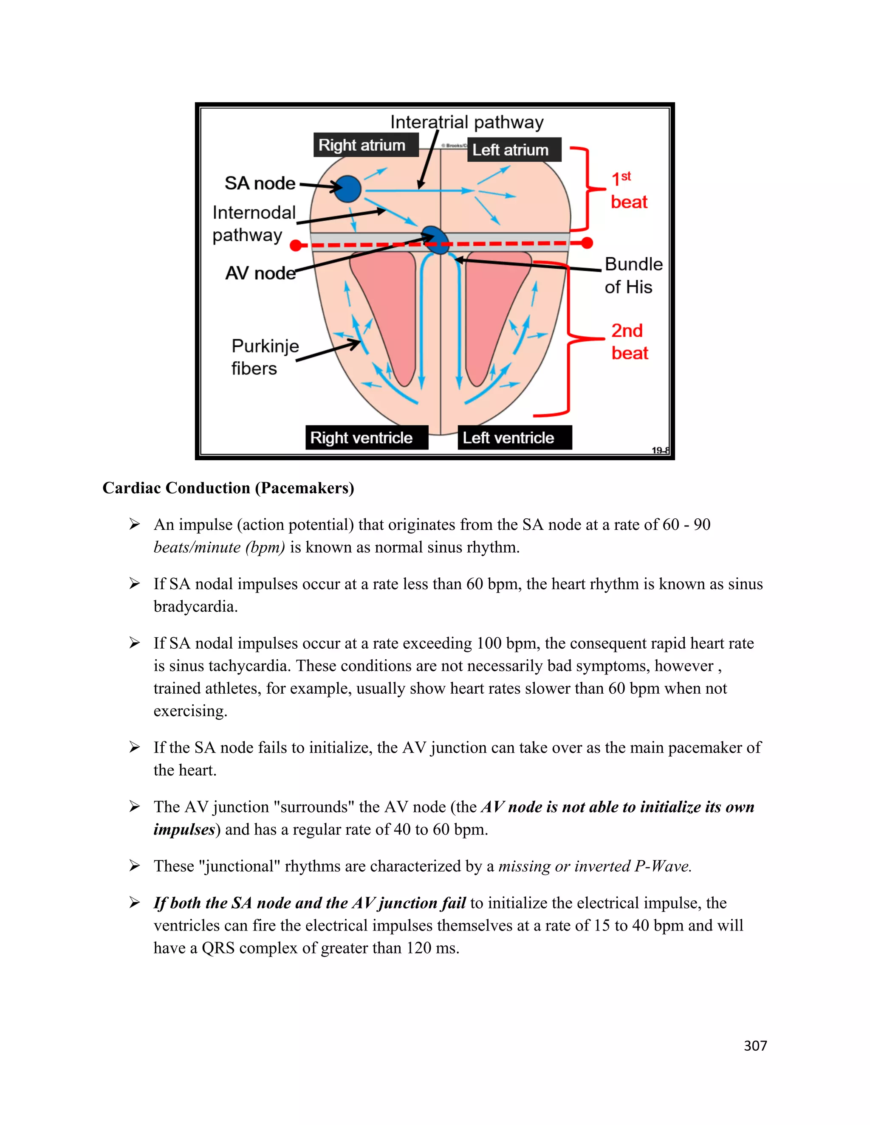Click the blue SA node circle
[x=347, y=188]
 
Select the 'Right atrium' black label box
[x=365, y=145]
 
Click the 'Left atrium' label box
[x=513, y=150]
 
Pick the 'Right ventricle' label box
[x=367, y=437]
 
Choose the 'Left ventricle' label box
[x=514, y=437]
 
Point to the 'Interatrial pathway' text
[x=466, y=122]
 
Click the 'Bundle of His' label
[x=633, y=275]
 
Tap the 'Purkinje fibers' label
[x=264, y=357]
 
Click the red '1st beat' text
[x=628, y=191]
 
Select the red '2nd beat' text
[x=629, y=341]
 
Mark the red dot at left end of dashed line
[x=296, y=245]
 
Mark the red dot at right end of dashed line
[x=587, y=242]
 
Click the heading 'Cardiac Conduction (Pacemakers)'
[x=228, y=487]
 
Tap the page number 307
[x=755, y=1045]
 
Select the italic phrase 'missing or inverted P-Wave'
[x=594, y=866]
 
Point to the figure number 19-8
[x=660, y=450]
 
